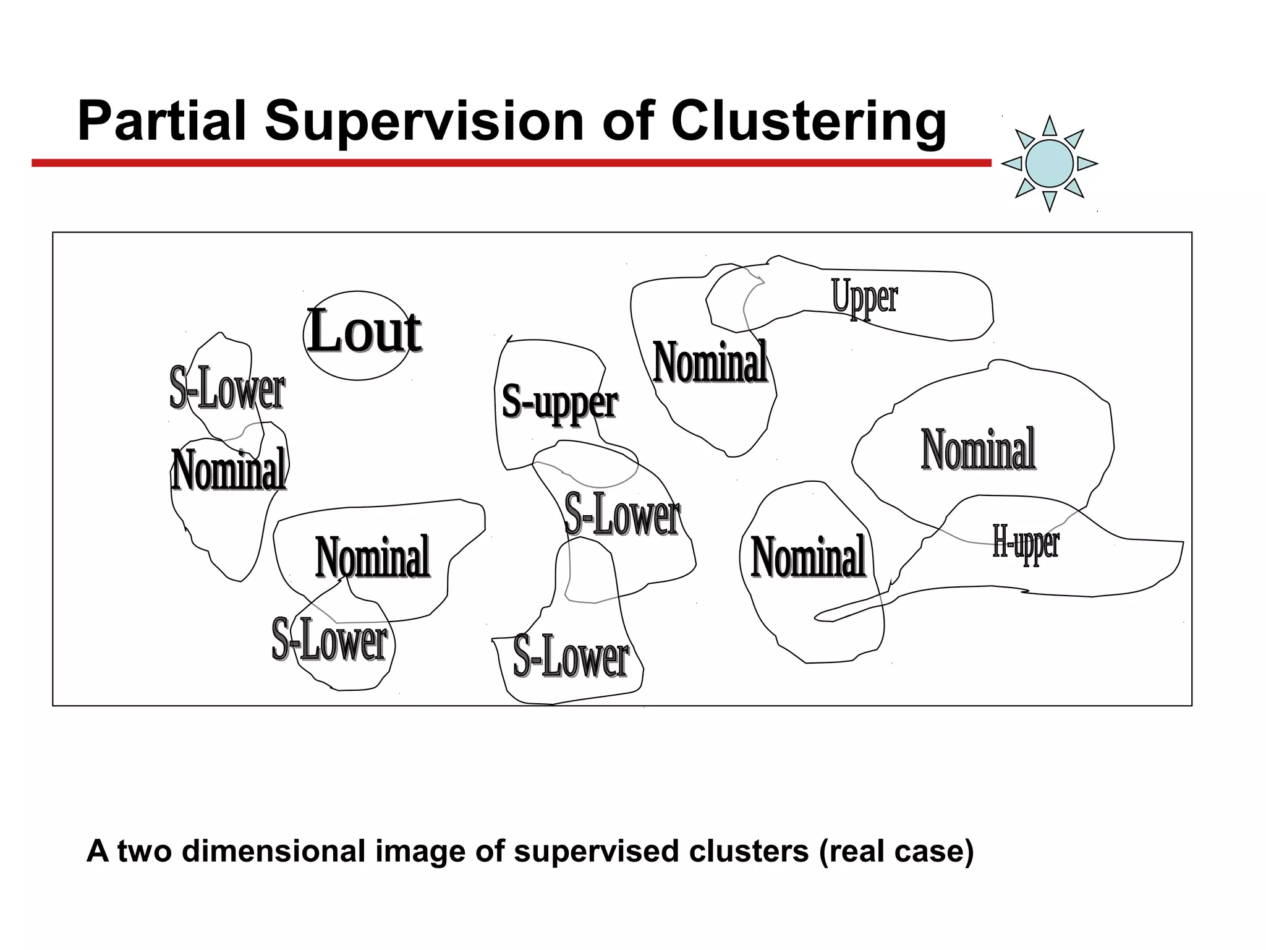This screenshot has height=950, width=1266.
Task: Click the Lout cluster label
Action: (365, 332)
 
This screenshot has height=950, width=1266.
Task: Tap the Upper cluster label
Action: (864, 297)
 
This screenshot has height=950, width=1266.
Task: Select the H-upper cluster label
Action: (1026, 542)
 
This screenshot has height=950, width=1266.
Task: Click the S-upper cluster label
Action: (559, 402)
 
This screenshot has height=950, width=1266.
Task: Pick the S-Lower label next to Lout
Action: (227, 388)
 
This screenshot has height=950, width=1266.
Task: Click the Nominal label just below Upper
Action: (710, 363)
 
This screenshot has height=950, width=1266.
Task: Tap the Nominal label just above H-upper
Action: (978, 450)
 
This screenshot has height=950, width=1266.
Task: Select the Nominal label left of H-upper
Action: (808, 557)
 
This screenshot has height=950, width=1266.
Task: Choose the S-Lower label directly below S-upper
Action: (622, 514)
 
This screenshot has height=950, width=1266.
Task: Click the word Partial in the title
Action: (162, 121)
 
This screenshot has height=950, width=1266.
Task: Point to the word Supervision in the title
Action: (425, 121)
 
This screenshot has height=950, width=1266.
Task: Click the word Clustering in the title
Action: (808, 122)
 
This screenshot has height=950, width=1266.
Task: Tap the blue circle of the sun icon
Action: (1049, 163)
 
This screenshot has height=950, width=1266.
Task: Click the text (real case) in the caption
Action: (896, 851)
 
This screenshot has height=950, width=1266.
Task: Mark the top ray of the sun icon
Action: (1049, 127)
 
